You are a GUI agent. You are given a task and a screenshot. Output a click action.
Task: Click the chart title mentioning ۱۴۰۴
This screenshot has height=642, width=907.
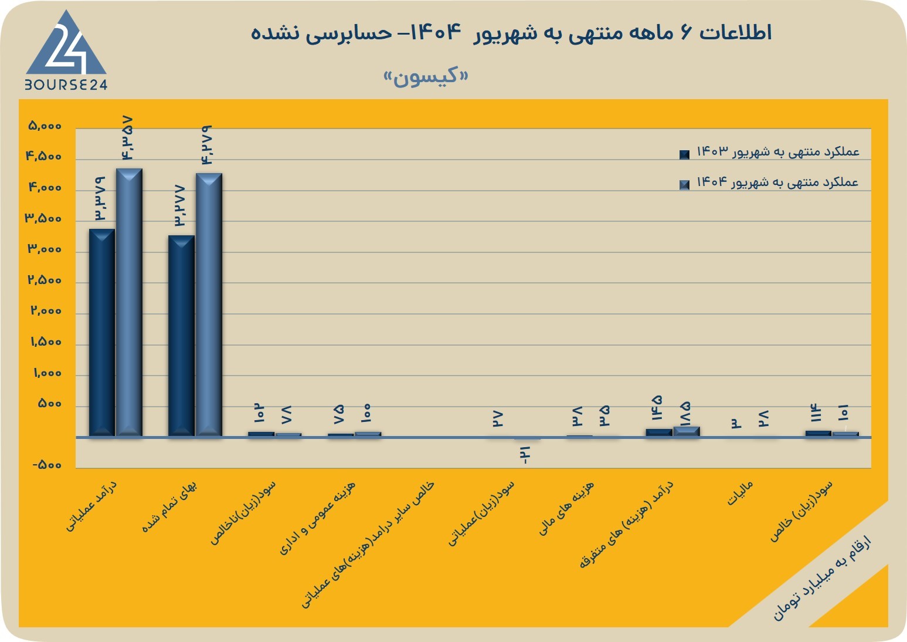point(511,32)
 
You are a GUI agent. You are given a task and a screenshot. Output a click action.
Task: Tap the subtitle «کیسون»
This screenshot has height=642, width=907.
point(426,77)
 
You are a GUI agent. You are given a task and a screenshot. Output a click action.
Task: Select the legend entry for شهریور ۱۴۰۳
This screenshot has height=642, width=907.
point(769,152)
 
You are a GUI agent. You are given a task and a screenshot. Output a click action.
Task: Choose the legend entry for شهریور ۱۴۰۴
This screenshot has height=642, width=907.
point(769,183)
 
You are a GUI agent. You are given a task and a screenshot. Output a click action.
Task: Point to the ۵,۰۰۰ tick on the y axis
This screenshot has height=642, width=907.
point(45,126)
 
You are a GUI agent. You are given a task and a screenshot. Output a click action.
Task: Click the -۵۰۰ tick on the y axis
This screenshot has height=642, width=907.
point(47,465)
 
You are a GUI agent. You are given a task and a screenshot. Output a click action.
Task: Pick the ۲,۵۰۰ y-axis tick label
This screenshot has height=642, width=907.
point(45,280)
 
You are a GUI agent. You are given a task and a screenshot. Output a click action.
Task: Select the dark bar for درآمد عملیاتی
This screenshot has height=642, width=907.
point(102,333)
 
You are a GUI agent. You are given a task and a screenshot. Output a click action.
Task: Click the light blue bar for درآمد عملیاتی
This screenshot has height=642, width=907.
point(129,302)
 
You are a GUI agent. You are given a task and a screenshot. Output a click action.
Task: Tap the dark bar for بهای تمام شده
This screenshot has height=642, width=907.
point(181,336)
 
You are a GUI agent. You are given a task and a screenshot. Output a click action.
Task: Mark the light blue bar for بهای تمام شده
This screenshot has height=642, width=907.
point(209,305)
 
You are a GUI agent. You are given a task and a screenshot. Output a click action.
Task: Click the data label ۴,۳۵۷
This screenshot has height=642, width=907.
point(126,138)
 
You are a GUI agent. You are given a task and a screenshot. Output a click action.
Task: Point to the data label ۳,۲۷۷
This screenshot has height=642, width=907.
point(179,206)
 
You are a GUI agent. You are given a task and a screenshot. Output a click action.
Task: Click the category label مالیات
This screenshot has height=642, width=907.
point(740,494)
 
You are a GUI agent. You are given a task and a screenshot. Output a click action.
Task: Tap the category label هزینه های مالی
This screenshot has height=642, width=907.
point(566,508)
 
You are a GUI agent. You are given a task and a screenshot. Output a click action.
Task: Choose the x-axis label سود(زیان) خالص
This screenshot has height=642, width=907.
point(801,511)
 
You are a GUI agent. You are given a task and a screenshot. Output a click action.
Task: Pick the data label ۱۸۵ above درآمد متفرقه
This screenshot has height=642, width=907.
point(685,414)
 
